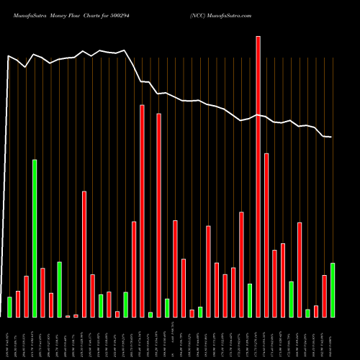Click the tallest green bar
(x=35, y=238)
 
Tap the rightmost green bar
(x=332, y=290)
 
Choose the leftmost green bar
(x=9, y=307)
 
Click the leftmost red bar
(x=18, y=304)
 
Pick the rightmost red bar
(x=324, y=296)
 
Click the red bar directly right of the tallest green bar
(x=42, y=292)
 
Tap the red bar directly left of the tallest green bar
(x=26, y=296)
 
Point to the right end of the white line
(x=331, y=137)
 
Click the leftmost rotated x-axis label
(x=9, y=338)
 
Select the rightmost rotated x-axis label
(x=332, y=338)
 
